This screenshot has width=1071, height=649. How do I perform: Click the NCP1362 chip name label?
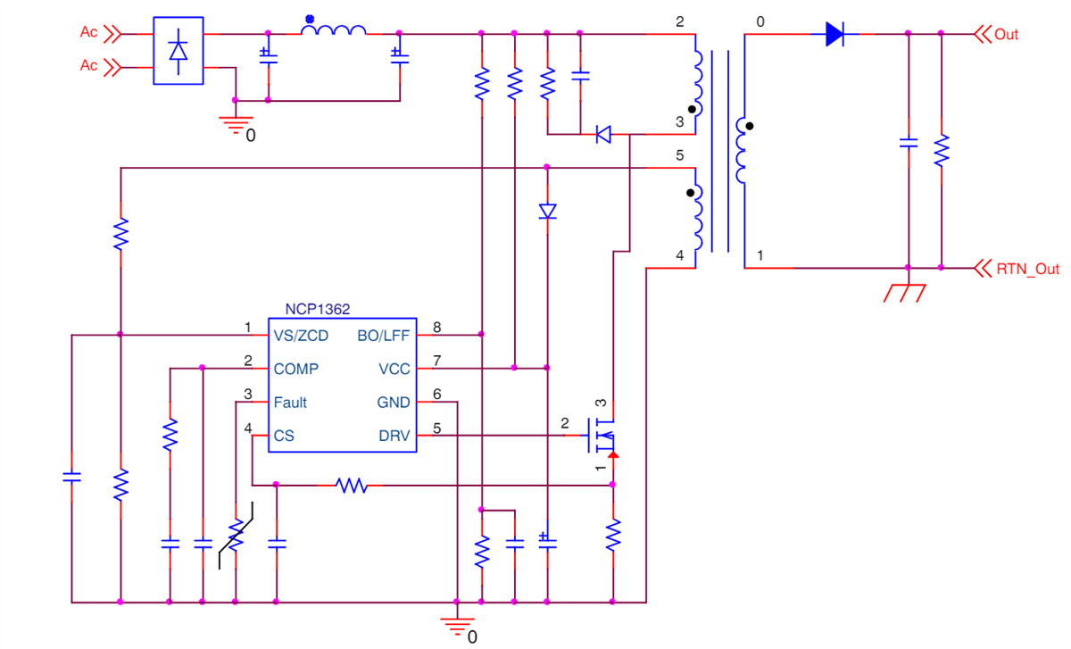click(317, 309)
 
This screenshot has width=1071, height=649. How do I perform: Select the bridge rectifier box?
click(178, 51)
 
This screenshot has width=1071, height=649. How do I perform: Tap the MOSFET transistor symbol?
click(598, 436)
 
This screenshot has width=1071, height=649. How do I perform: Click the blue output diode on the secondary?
click(834, 35)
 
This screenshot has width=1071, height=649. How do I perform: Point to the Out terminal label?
click(1006, 35)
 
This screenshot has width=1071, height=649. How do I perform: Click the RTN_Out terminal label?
click(1027, 269)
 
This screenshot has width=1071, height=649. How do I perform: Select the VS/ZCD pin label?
click(301, 336)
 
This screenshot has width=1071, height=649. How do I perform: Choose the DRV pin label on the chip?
click(394, 437)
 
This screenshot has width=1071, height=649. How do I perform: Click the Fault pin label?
click(290, 403)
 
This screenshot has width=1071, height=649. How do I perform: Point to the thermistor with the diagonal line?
click(236, 537)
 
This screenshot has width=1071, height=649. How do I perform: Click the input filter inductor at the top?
click(333, 31)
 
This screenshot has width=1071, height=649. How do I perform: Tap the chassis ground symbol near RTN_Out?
click(908, 291)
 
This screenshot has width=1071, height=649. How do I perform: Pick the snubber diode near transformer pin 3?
click(604, 135)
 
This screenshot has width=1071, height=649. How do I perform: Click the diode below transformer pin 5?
click(547, 212)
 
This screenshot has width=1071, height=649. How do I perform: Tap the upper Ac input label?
click(88, 32)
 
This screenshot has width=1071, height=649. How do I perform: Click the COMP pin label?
click(295, 369)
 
